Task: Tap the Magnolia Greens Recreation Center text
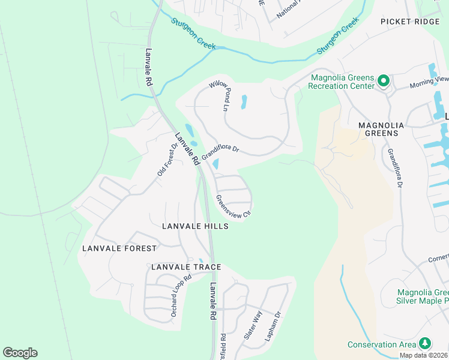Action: pos(341,82)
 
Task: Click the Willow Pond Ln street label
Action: pos(219,96)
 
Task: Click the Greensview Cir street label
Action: pos(233,205)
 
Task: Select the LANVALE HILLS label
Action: pos(195,226)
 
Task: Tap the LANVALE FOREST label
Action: pos(119,248)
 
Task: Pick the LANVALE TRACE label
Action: pos(186,267)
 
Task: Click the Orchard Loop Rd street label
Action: pos(180,296)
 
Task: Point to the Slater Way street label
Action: pos(253,325)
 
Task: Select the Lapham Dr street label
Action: pos(273,326)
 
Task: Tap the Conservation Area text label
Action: pos(382,344)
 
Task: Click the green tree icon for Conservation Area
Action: pos(426,343)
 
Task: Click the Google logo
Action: pos(20,353)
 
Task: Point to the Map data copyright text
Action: pos(423,355)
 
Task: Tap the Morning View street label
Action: pos(429,79)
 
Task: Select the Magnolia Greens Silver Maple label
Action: pos(423,296)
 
